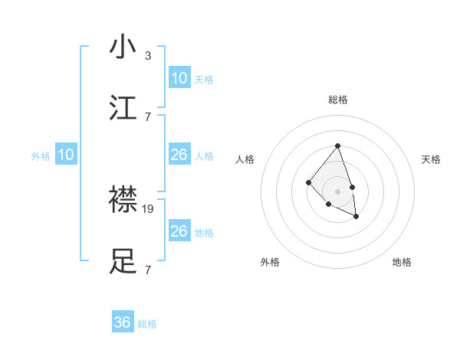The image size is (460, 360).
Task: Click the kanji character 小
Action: point(123,47)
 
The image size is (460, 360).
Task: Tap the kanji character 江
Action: point(123,109)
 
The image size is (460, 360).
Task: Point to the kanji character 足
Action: point(123,262)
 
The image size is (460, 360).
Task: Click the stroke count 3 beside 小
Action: point(148,55)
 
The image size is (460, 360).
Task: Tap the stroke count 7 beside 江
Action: point(148,116)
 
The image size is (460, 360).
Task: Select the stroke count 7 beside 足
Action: point(148,270)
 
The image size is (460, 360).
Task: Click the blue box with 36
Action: point(123,322)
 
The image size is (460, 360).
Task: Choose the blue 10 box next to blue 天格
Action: point(179,78)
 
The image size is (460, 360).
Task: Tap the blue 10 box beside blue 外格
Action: point(66,155)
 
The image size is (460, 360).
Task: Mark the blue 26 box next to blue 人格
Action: point(179,155)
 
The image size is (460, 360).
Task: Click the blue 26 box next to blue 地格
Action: point(179,231)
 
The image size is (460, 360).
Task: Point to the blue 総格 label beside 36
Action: point(147,324)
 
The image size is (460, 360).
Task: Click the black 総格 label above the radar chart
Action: point(337,100)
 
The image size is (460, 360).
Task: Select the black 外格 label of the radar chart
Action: point(270,262)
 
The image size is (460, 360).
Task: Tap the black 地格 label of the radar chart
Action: point(402,262)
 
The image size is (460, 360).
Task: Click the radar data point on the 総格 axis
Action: point(337,146)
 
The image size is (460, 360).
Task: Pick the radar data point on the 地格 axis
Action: point(356,217)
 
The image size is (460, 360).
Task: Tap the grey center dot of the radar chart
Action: point(337,191)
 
